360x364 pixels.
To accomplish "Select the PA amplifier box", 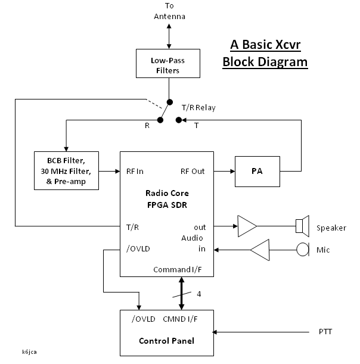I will [x=257, y=171].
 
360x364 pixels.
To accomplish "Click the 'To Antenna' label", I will [x=170, y=11].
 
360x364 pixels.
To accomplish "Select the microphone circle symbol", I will [x=303, y=249].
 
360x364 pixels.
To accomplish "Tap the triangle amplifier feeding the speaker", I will [x=246, y=226].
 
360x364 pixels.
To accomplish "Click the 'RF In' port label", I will [x=135, y=171].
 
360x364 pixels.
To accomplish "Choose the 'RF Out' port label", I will [x=193, y=171].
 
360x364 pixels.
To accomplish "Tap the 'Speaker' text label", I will [x=331, y=228].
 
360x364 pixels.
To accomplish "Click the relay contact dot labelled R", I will [x=160, y=120].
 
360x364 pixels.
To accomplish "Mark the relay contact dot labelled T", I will [x=179, y=120].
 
